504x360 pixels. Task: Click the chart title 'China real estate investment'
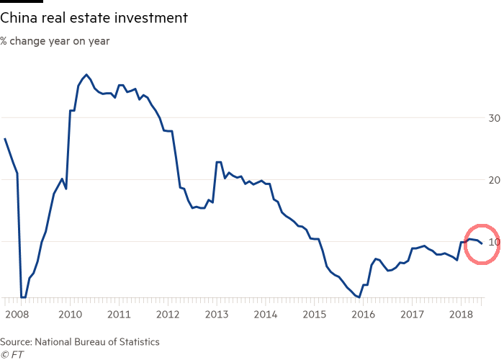click(94, 18)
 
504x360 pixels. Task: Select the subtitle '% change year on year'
click(55, 41)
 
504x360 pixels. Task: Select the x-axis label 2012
click(167, 314)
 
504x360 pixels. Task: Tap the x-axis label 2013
click(217, 314)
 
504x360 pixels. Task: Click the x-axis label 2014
click(266, 314)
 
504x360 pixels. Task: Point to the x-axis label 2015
click(315, 314)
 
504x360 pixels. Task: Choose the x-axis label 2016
click(363, 314)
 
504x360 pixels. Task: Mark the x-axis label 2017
click(412, 314)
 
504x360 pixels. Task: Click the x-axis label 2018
click(461, 314)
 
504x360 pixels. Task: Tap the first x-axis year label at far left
click(17, 314)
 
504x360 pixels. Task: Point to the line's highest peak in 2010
click(86, 74)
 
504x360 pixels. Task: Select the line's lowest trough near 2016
click(359, 297)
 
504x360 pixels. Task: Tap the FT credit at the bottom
click(12, 354)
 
